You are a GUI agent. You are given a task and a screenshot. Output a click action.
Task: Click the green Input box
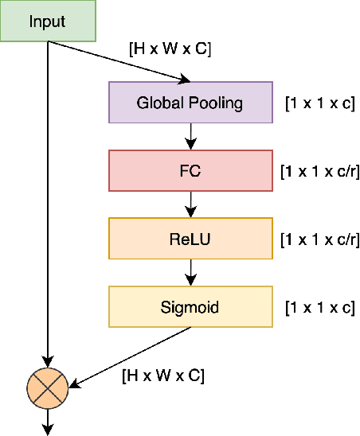pos(48,21)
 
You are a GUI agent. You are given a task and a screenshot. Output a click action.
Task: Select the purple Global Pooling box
pos(190,103)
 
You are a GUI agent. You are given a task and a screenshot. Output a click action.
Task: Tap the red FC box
pos(190,170)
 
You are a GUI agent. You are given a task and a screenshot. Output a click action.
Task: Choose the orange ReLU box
pos(190,237)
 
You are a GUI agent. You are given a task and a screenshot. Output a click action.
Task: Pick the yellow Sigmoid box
pos(190,306)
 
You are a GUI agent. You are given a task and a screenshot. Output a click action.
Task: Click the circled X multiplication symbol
pos(49,387)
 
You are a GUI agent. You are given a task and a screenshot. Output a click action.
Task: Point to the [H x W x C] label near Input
pos(170,49)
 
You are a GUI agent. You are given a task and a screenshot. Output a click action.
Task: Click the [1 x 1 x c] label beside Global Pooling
pos(319,103)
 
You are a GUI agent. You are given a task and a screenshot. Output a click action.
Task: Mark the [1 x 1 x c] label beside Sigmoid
pos(319,306)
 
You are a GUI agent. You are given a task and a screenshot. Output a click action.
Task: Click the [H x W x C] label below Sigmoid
pos(162,376)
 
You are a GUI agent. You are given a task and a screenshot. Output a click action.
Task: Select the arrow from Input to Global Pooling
pos(119,61)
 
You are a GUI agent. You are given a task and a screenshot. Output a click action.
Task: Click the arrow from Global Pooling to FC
pos(190,136)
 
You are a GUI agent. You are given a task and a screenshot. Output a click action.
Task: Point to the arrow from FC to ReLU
pos(190,204)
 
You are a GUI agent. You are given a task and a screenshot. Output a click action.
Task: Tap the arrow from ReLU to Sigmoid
pos(190,271)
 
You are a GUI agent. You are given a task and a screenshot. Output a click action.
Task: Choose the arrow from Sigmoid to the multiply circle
pos(127,357)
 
